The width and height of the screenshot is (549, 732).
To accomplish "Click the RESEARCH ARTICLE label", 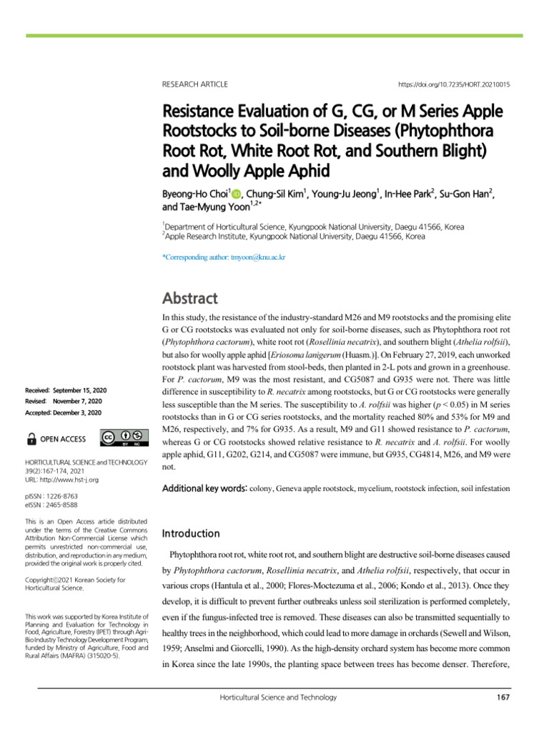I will [195, 84].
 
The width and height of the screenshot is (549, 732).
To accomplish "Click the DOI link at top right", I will [454, 84].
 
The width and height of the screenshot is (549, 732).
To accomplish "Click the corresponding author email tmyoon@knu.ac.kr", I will [224, 257].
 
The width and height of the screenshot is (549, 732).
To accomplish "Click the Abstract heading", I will [190, 297].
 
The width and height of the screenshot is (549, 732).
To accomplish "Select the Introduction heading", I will [192, 533].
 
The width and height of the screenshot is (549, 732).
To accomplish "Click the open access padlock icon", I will [32, 438].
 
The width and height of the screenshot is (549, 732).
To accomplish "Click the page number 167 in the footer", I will [502, 697].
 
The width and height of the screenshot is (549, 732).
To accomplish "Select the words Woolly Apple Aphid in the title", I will [262, 172].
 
